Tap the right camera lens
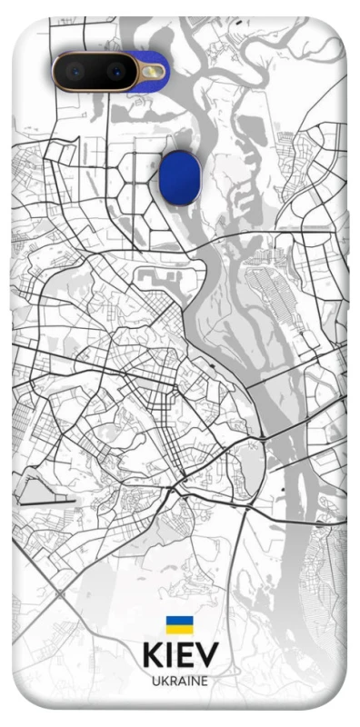click(115, 70)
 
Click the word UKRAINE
click(180, 681)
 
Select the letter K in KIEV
click(153, 655)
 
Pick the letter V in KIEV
click(207, 655)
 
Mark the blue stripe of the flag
click(179, 621)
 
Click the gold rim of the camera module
click(55, 70)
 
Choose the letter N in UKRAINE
click(195, 681)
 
